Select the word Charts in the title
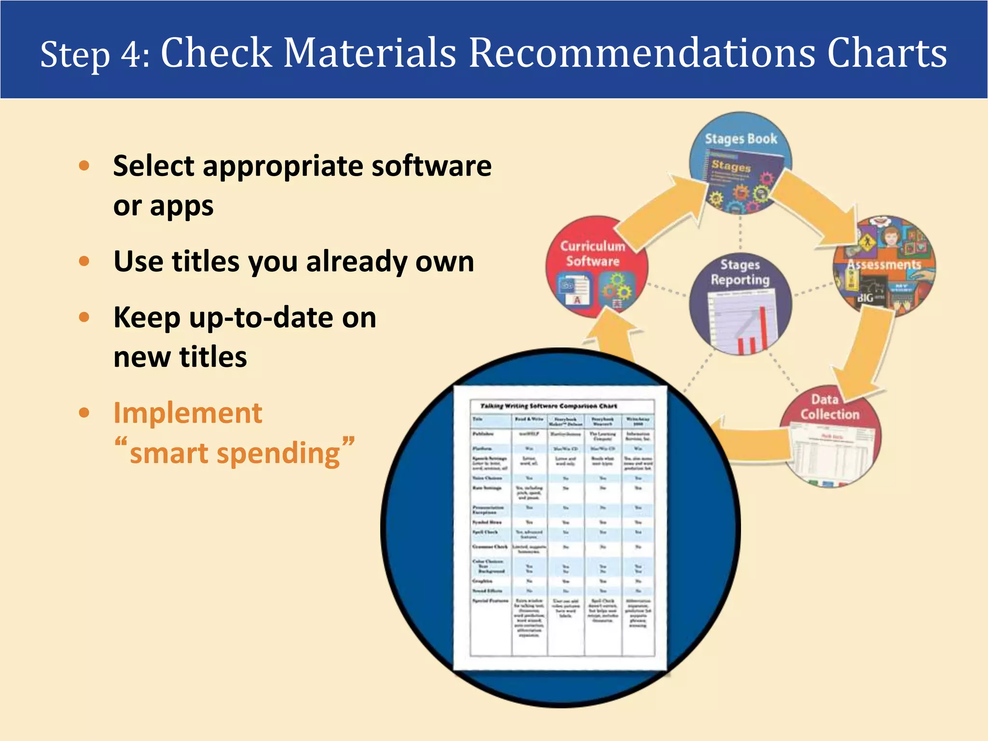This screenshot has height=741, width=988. [887, 53]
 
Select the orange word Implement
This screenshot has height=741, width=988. [188, 413]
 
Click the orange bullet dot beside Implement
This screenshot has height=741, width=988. [84, 413]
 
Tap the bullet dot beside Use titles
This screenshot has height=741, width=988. [84, 261]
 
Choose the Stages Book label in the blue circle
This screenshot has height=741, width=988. [741, 139]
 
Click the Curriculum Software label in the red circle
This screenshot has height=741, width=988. [592, 254]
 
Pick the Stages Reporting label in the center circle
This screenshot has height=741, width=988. [740, 272]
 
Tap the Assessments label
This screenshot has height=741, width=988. [884, 265]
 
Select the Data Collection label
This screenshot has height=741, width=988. [830, 407]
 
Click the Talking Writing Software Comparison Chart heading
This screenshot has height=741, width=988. [549, 406]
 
